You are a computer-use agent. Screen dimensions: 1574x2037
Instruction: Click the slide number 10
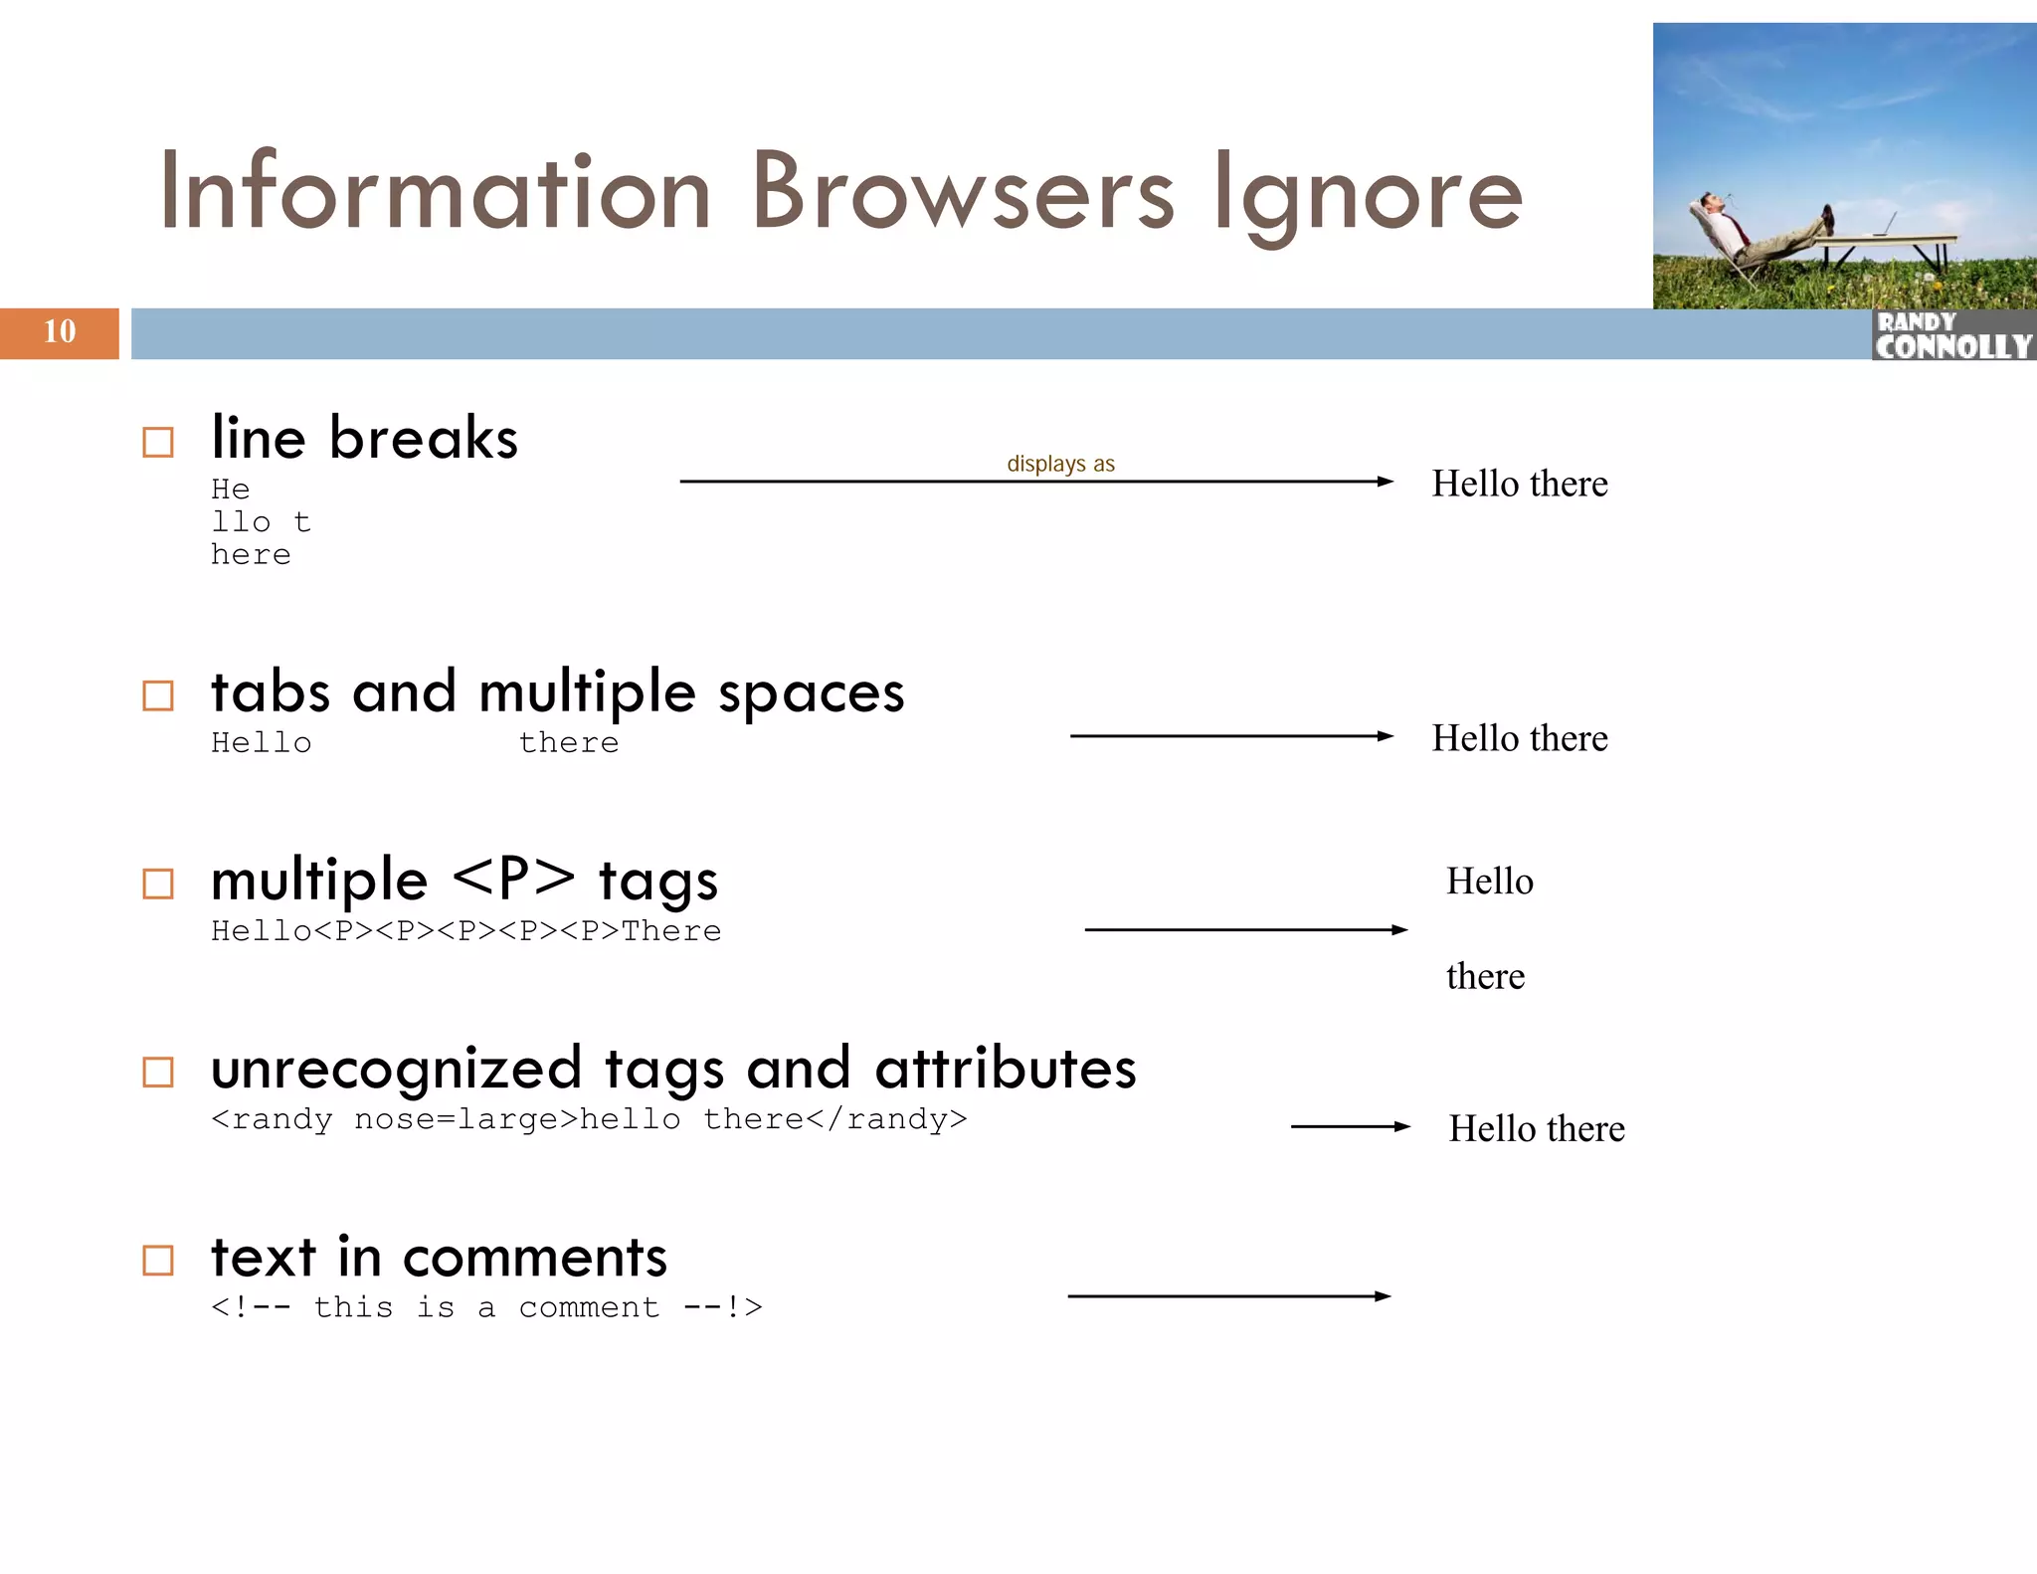pyautogui.click(x=60, y=331)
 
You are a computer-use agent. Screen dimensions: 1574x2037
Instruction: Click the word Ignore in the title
pyautogui.click(x=1368, y=194)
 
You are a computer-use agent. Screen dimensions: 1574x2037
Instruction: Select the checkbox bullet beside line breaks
pyautogui.click(x=158, y=442)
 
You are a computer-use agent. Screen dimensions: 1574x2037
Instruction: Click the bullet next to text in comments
pyautogui.click(x=158, y=1260)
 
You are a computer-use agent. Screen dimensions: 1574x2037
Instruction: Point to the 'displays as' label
pyautogui.click(x=1060, y=464)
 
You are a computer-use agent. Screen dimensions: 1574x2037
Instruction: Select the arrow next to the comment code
pyautogui.click(x=1229, y=1296)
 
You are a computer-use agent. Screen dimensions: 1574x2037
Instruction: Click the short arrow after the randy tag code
pyautogui.click(x=1350, y=1126)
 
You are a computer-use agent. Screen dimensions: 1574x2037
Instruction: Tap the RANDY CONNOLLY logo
pyautogui.click(x=1953, y=335)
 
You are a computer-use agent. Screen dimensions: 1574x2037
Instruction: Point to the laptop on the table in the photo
pyautogui.click(x=1885, y=225)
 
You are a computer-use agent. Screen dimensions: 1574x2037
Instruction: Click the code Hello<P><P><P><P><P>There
pyautogui.click(x=465, y=931)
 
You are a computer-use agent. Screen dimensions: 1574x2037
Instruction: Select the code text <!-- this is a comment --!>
pyautogui.click(x=486, y=1307)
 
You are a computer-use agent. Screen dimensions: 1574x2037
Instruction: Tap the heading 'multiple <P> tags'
pyautogui.click(x=464, y=881)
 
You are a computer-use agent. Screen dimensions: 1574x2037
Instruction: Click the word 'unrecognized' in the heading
pyautogui.click(x=396, y=1069)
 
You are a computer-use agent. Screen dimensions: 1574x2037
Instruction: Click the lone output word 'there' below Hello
pyautogui.click(x=1485, y=976)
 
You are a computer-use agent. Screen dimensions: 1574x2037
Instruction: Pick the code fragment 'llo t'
pyautogui.click(x=261, y=522)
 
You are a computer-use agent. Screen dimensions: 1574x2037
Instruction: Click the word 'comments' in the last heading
pyautogui.click(x=535, y=1258)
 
